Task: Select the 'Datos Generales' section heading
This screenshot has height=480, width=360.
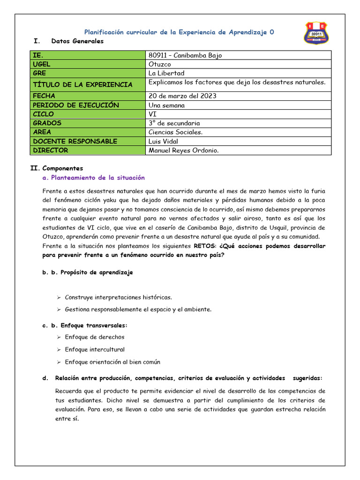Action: pos(77,41)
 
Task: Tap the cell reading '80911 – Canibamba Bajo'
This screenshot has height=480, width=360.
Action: pos(185,55)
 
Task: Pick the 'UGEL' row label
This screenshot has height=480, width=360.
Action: pos(41,64)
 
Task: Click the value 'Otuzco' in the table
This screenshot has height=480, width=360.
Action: pos(159,64)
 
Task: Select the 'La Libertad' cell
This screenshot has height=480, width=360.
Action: pos(166,73)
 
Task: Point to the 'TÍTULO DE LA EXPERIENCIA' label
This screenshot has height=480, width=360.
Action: pos(82,84)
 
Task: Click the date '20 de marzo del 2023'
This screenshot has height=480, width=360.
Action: pos(182,96)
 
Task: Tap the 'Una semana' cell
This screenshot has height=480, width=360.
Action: pos(166,105)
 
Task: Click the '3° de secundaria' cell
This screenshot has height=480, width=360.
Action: pos(174,123)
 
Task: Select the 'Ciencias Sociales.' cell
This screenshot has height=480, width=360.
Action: pos(175,132)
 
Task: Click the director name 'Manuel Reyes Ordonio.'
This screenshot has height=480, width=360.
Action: pos(183,150)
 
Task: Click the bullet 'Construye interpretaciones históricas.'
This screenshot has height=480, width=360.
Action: pos(118,297)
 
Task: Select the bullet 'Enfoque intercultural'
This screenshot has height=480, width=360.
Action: pos(95,350)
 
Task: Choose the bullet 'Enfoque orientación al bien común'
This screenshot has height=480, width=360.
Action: pos(112,362)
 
